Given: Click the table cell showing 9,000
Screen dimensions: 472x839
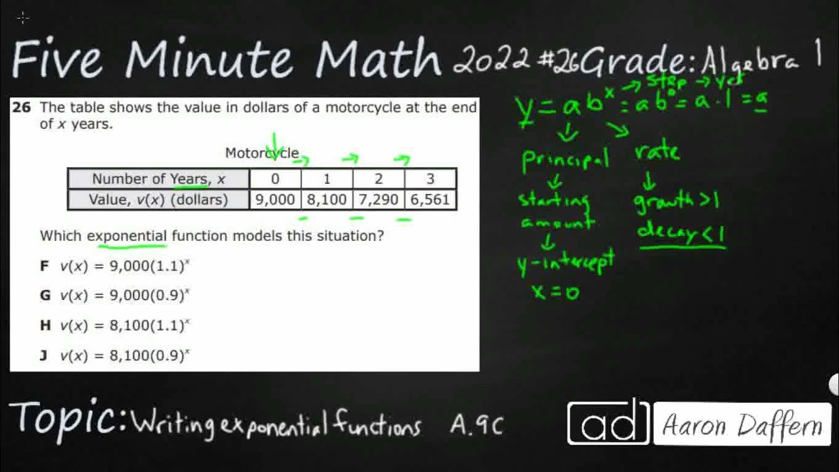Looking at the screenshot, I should [275, 199].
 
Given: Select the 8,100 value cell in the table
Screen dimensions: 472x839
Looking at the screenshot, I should [326, 199].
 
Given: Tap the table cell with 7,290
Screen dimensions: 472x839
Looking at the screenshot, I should [378, 199].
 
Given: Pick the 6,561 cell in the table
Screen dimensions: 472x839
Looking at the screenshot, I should [430, 199].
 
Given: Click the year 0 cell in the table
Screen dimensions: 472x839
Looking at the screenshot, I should [275, 179].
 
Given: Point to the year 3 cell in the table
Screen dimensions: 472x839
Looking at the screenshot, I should [430, 179].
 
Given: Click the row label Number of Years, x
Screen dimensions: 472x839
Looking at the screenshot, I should [158, 179].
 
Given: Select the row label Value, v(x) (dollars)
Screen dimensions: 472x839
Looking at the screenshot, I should [158, 199].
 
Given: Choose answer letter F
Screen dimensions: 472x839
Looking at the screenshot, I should [45, 265].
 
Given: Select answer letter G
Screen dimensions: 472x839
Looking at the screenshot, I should [45, 295].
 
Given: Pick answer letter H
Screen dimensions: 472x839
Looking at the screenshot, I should [45, 325].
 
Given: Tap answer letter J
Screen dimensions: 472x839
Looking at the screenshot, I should [44, 355].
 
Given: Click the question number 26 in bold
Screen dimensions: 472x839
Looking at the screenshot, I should [22, 108].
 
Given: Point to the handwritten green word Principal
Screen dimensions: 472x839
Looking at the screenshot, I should [565, 159].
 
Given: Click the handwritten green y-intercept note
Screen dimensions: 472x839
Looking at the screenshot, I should [566, 262].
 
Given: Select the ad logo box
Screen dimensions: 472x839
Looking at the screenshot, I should [608, 423].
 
